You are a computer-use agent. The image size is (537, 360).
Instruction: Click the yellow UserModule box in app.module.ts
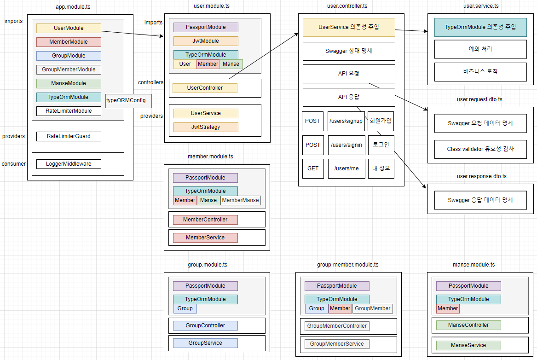(x=69, y=28)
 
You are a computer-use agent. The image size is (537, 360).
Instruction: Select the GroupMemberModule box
(x=69, y=70)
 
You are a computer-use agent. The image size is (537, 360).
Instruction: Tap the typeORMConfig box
(x=128, y=101)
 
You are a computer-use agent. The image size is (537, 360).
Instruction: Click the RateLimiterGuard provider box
(x=69, y=136)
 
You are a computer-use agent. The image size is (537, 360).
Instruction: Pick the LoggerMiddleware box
(x=69, y=164)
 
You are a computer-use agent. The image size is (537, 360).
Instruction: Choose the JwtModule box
(x=206, y=41)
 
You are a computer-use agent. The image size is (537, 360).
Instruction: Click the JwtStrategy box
(x=206, y=127)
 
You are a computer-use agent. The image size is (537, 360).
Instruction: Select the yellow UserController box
(x=205, y=88)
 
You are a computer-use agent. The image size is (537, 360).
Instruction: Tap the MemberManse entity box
(x=240, y=200)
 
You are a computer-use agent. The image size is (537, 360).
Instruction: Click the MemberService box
(x=205, y=238)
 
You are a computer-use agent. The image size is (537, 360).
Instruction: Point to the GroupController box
(x=205, y=326)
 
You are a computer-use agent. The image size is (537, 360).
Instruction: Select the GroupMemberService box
(x=337, y=344)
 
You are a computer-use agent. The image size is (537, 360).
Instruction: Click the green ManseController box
(x=468, y=325)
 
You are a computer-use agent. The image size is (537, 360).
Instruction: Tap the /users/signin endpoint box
(x=346, y=145)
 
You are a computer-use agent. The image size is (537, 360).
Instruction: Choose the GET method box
(x=313, y=168)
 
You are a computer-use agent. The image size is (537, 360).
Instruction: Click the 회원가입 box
(x=381, y=121)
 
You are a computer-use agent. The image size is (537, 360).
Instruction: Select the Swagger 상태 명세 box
(x=349, y=51)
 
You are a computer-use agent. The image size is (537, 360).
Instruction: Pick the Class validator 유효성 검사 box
(x=480, y=149)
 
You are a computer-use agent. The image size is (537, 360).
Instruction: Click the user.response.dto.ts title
(x=481, y=176)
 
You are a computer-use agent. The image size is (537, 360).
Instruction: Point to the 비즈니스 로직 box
(x=480, y=72)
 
